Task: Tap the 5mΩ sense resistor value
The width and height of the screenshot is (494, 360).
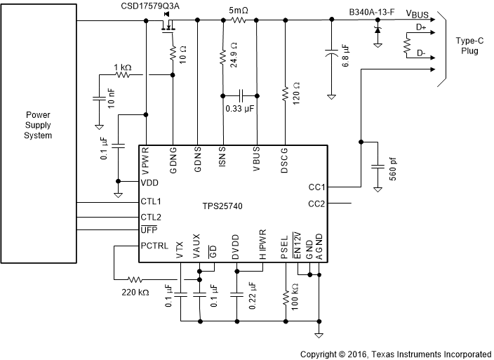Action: tap(239, 11)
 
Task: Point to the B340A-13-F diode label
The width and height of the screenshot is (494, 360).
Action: tap(373, 11)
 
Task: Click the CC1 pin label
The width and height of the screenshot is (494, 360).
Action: tap(316, 187)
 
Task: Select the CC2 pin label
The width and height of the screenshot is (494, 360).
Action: tap(316, 204)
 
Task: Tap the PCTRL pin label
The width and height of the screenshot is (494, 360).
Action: tap(154, 246)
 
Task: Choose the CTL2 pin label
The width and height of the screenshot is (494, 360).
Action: tap(151, 217)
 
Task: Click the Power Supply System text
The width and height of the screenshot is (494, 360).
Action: tap(38, 124)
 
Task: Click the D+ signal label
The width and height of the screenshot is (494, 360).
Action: tap(422, 27)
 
